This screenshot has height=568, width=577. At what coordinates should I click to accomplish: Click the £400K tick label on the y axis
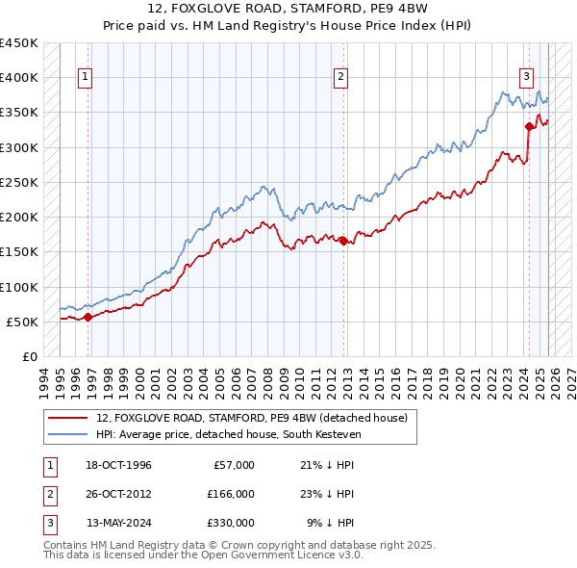coord(19,78)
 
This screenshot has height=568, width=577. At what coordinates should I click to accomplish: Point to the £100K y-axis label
coord(19,287)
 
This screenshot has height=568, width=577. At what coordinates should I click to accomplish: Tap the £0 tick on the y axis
coord(30,357)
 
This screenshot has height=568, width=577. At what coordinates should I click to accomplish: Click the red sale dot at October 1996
coord(88,317)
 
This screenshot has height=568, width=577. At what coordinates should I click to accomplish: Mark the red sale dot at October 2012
coord(343,241)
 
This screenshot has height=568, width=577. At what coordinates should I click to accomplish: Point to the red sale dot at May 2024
coord(529,126)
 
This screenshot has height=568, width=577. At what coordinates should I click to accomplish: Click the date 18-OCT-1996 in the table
coord(118,465)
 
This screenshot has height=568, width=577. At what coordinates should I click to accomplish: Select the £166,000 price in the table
coord(230,494)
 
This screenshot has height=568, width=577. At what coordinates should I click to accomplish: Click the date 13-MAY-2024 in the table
coord(118,523)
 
